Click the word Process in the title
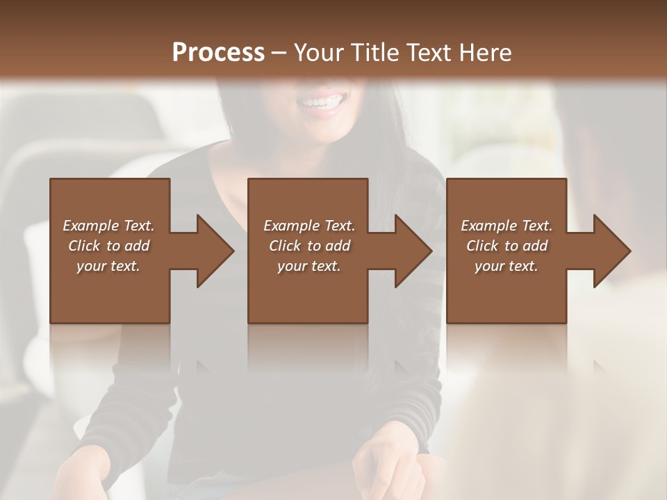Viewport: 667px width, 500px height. pos(218,53)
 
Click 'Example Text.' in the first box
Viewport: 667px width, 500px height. pos(108,226)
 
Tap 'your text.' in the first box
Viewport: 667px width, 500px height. pos(108,266)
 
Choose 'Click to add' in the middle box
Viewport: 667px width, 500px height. pos(309,246)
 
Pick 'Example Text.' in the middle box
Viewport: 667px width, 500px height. pos(309,226)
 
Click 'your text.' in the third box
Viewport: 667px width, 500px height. pos(507,266)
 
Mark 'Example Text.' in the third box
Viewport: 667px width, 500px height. pos(507,226)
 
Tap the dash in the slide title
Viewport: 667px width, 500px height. pos(279,53)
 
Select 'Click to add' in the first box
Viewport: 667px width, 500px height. pos(108,246)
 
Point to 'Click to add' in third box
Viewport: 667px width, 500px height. pos(507,246)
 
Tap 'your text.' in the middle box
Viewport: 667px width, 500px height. pos(309,266)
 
